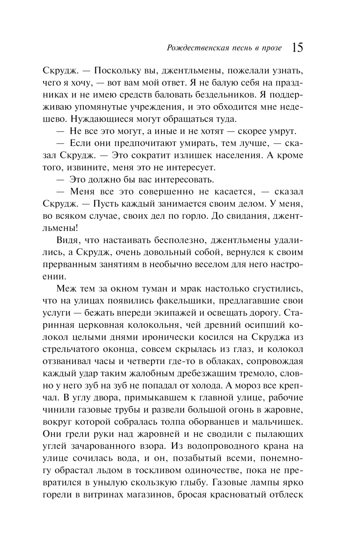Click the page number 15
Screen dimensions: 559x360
click(297, 48)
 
